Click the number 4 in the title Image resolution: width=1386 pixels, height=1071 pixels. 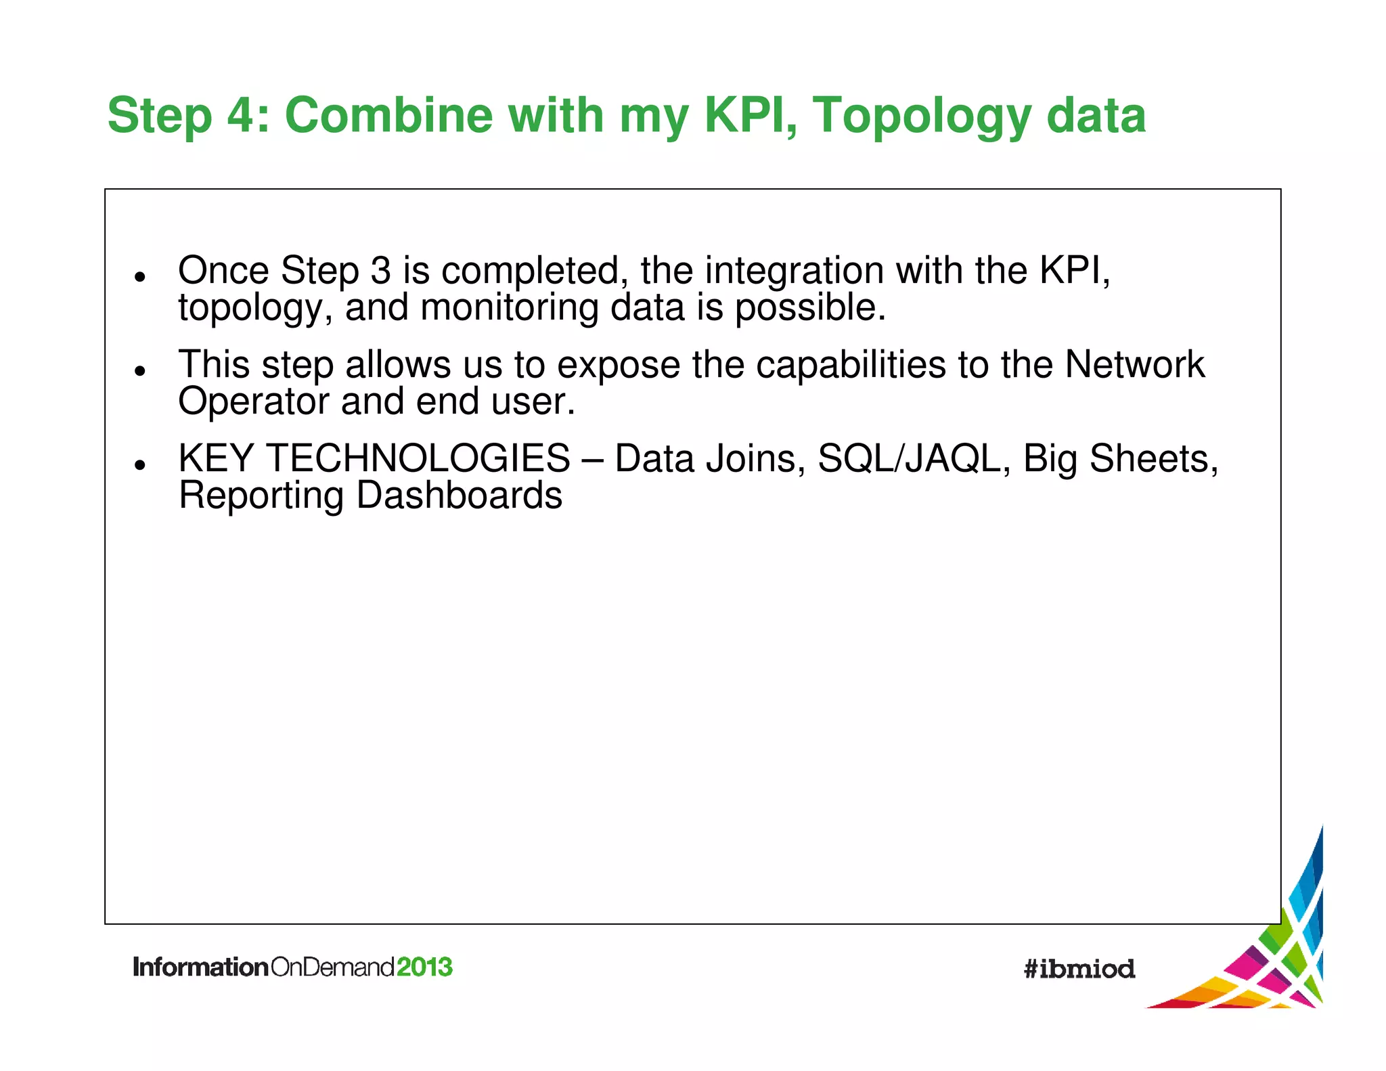point(242,115)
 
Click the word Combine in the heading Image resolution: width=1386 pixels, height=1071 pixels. point(388,115)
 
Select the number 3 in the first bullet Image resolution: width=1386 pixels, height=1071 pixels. point(381,270)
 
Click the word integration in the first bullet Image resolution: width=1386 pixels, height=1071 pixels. point(795,271)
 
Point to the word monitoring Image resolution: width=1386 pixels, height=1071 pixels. point(509,308)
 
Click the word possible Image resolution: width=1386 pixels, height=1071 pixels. point(809,308)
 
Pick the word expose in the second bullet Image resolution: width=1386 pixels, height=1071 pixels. point(618,366)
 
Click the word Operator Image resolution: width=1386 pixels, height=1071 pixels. point(253,401)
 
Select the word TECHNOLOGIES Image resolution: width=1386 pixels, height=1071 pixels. point(418,458)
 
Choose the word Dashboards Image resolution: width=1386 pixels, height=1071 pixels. point(459,495)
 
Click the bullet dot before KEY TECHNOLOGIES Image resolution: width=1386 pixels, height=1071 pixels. point(140,464)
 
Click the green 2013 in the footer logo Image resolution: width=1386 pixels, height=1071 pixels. point(424,967)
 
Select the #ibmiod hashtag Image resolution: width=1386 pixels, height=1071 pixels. point(1079,969)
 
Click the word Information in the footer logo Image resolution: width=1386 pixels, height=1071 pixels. point(201,967)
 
